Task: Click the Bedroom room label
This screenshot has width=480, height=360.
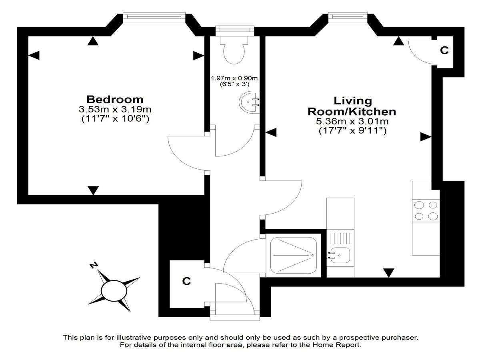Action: tap(115, 100)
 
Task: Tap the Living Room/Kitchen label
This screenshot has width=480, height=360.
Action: tap(352, 106)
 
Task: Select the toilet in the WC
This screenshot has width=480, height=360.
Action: tap(234, 50)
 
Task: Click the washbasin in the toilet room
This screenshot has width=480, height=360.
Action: tap(249, 102)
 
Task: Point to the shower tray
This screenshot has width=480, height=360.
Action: tap(294, 255)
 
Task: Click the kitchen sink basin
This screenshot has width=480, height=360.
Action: tap(340, 255)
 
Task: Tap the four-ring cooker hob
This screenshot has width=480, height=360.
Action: tap(426, 211)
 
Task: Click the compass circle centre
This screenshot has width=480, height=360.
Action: tap(114, 291)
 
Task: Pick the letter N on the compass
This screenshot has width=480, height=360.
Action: tap(94, 266)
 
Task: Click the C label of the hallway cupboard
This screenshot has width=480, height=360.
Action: tap(186, 281)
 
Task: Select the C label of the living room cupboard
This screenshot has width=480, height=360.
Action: tap(444, 50)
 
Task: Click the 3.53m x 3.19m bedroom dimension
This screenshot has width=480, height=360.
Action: tap(115, 109)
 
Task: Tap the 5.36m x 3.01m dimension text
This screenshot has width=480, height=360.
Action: tap(352, 121)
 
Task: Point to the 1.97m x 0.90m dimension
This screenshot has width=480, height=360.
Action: tap(234, 78)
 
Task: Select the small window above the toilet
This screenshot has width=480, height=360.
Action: tap(235, 31)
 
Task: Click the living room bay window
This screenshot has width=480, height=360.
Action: tap(348, 17)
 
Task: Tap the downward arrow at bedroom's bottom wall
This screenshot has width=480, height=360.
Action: tap(93, 190)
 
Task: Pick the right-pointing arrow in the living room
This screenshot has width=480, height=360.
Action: tap(426, 137)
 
